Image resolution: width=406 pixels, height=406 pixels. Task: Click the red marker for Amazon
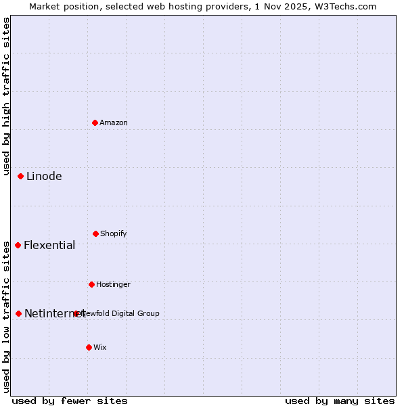point(95,122)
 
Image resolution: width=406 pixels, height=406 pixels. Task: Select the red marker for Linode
point(21,176)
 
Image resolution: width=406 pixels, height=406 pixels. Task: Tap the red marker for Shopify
point(95,233)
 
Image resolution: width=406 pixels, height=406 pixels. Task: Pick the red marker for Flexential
point(18,245)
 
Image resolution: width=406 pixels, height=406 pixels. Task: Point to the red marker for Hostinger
point(91,284)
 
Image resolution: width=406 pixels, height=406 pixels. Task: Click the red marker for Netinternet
point(19,313)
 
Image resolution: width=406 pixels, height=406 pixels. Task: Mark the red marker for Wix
point(89,347)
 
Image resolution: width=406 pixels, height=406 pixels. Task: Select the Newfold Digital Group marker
point(76,313)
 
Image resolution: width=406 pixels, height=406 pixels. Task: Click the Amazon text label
point(114,122)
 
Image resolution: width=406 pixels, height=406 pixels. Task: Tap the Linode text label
point(44,176)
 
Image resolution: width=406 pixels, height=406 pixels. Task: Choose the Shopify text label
point(114,233)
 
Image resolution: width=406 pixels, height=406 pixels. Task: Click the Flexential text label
point(49,245)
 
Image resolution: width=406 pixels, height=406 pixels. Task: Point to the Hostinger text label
point(113,284)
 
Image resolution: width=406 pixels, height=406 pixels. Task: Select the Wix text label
point(100,347)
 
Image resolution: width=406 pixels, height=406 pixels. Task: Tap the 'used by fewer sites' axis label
point(70,401)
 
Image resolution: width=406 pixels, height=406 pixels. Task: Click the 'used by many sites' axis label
point(340,401)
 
